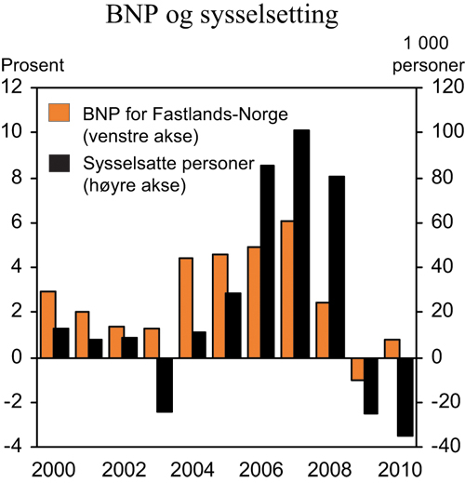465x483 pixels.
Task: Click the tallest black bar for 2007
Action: (x=301, y=243)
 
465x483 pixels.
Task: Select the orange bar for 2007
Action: (x=286, y=288)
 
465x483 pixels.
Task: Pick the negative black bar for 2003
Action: (x=165, y=384)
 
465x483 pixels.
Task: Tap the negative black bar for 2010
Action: (x=405, y=396)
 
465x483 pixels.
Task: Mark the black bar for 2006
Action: (x=267, y=261)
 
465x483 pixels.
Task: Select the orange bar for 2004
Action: (x=186, y=307)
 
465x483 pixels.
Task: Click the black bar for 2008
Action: (x=336, y=266)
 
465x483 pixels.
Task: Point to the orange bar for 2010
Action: (x=391, y=348)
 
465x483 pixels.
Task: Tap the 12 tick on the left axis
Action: (x=13, y=87)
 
